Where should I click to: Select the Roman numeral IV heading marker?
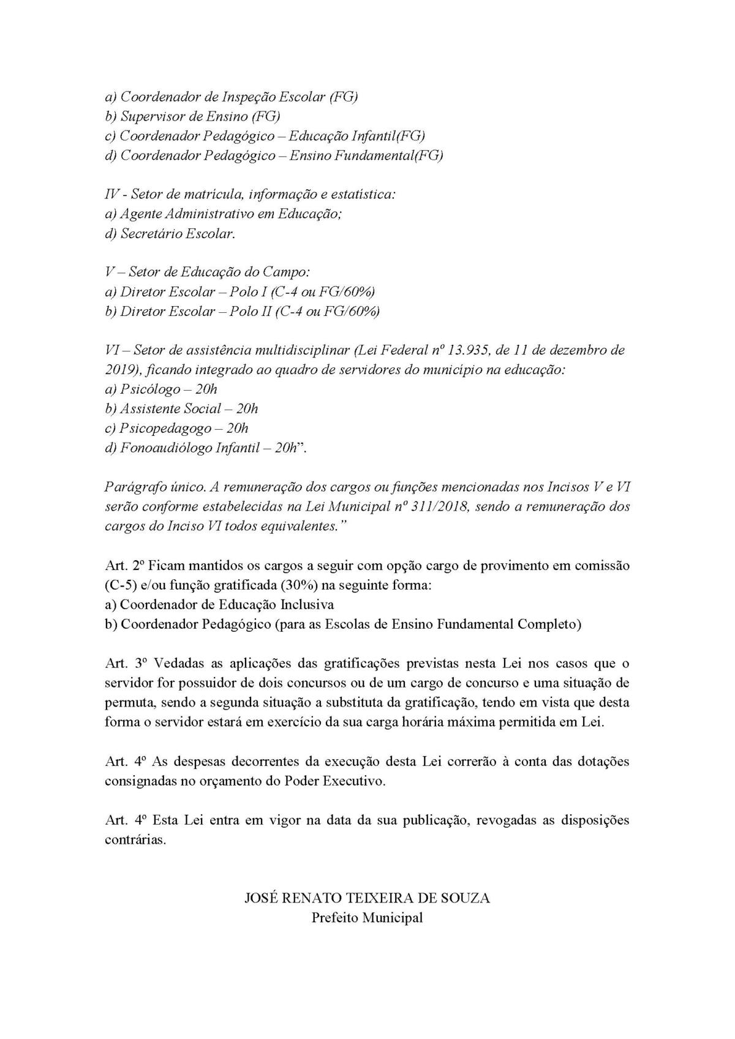[x=113, y=195]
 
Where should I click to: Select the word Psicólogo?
[x=151, y=389]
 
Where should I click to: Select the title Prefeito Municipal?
[x=367, y=918]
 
